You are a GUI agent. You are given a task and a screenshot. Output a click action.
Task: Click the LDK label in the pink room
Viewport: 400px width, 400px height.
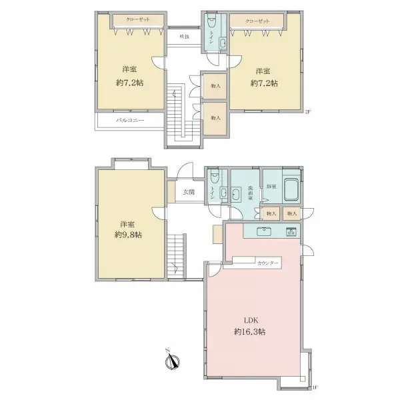(241, 319)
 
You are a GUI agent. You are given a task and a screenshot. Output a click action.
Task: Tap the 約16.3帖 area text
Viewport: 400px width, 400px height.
(250, 331)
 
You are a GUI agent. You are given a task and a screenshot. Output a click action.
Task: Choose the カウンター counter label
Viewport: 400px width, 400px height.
(269, 263)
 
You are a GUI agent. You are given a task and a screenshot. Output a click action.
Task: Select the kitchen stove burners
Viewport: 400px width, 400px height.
(291, 232)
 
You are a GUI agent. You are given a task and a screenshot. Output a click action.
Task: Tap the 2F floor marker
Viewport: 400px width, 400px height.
(308, 111)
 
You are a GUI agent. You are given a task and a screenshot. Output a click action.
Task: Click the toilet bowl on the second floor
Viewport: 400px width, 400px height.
(211, 21)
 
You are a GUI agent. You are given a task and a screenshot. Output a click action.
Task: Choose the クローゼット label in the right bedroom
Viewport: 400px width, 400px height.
(258, 22)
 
